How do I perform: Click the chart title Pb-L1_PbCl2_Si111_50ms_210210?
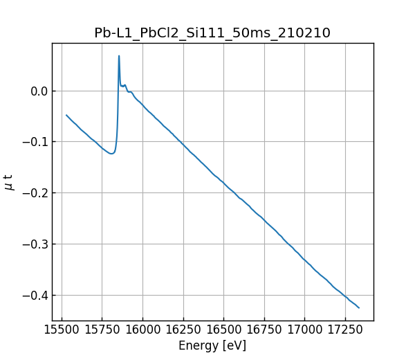pyautogui.click(x=212, y=33)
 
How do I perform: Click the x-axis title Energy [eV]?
pyautogui.click(x=212, y=345)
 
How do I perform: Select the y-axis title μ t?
pyautogui.click(x=9, y=182)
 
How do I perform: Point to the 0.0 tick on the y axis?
pyautogui.click(x=39, y=91)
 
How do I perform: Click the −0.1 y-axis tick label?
pyautogui.click(x=35, y=142)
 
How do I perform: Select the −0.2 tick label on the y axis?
pyautogui.click(x=35, y=193)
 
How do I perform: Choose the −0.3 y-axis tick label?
pyautogui.click(x=35, y=244)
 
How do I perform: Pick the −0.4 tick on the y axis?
pyautogui.click(x=35, y=296)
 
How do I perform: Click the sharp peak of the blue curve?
pyautogui.click(x=119, y=56)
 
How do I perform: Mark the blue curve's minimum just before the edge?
pyautogui.click(x=111, y=154)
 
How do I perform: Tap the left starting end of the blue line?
pyautogui.click(x=66, y=115)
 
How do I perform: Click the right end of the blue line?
pyautogui.click(x=359, y=307)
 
